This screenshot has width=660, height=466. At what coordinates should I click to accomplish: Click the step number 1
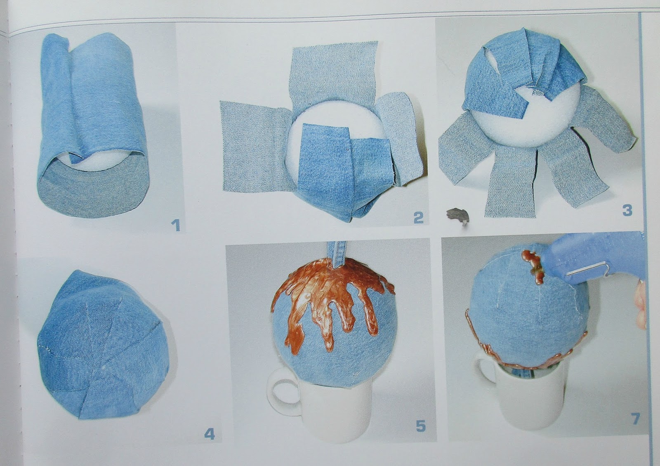176,225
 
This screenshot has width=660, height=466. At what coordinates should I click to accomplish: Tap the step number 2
418,218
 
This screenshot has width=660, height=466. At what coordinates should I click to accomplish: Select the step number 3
627,210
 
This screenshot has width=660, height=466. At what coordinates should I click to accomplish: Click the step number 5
420,426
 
